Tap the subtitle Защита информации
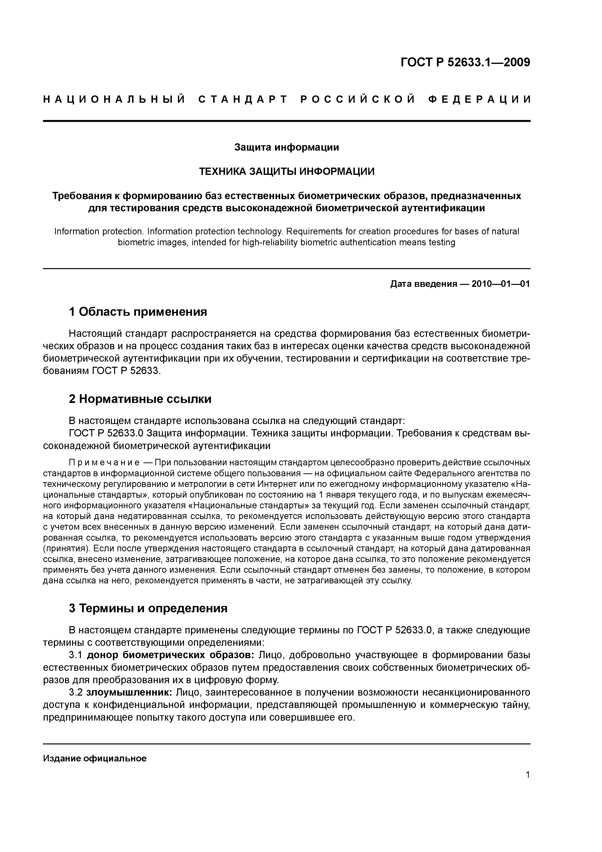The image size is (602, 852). pos(286,147)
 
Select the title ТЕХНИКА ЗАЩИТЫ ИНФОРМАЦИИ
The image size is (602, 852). pos(287,171)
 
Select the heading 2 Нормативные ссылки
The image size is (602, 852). pos(140,399)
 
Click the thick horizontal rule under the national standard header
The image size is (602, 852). pos(286,121)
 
